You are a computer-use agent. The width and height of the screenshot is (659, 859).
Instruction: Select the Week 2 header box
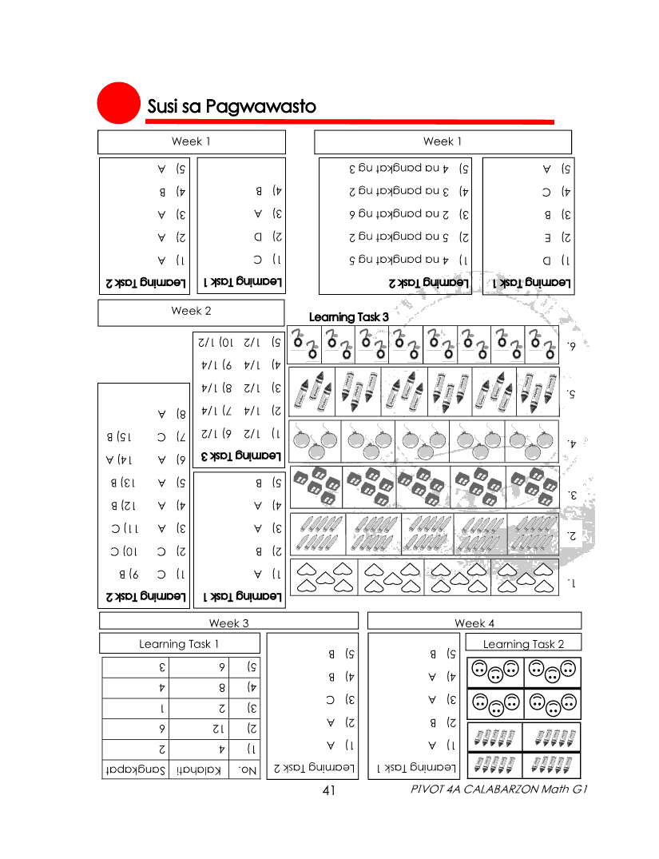coord(192,312)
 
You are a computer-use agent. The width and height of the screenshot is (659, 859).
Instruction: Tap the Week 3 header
coord(229,623)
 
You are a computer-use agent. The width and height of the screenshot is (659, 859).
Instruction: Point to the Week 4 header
coord(474,623)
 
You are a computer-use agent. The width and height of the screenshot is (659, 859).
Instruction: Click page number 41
coord(328,790)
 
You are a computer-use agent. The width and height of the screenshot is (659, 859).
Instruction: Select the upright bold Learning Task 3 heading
coord(348,317)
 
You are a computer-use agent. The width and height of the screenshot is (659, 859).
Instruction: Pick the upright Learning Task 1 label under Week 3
coord(179,644)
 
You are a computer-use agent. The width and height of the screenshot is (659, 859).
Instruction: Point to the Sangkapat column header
coord(136,770)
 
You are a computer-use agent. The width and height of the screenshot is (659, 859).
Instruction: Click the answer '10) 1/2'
coord(212,341)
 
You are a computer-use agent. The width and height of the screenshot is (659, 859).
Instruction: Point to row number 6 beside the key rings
coord(570,345)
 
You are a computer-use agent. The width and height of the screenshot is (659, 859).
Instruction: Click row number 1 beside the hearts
coord(570,583)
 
